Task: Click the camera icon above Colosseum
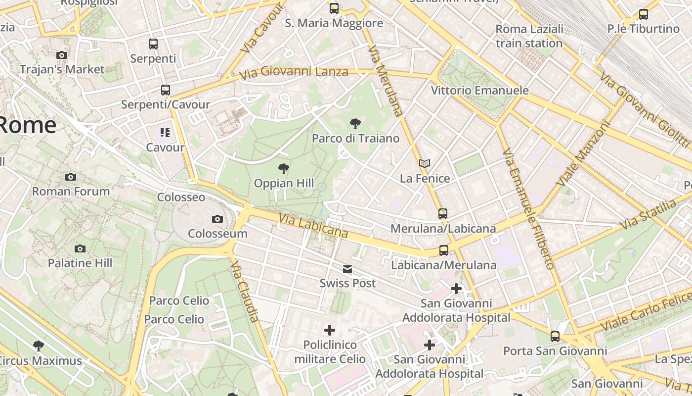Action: pyautogui.click(x=217, y=219)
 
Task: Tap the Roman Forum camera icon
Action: pyautogui.click(x=71, y=177)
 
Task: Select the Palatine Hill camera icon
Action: pyautogui.click(x=80, y=248)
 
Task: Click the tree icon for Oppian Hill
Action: pyautogui.click(x=284, y=169)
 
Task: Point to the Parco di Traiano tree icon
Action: pyautogui.click(x=355, y=124)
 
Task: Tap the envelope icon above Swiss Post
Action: pyautogui.click(x=347, y=269)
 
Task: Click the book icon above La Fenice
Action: pyautogui.click(x=425, y=164)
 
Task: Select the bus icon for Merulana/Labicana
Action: pyautogui.click(x=443, y=214)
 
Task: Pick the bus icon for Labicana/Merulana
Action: pyautogui.click(x=444, y=250)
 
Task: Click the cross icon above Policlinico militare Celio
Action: pyautogui.click(x=330, y=330)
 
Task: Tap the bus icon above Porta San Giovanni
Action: pyautogui.click(x=555, y=337)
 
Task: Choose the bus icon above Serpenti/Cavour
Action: pyautogui.click(x=166, y=90)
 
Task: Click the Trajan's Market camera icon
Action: pyautogui.click(x=62, y=55)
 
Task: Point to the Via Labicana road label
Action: pyautogui.click(x=313, y=226)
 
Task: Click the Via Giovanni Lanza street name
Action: pyautogui.click(x=294, y=73)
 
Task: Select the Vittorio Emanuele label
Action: pyautogui.click(x=479, y=91)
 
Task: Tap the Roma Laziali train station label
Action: pyautogui.click(x=529, y=36)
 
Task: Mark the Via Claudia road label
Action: pyautogui.click(x=244, y=292)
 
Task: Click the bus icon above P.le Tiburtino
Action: pyautogui.click(x=643, y=14)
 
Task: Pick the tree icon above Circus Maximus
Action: pyautogui.click(x=39, y=346)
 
